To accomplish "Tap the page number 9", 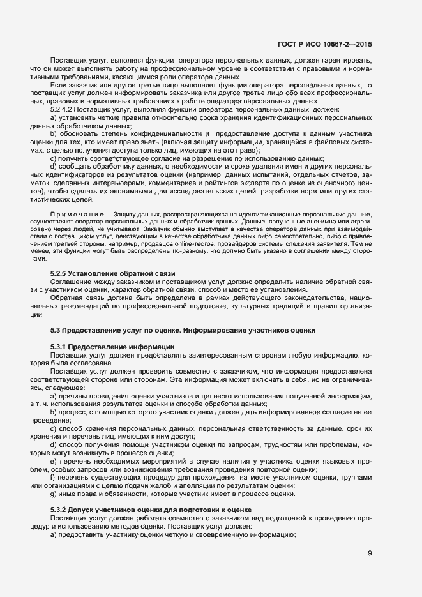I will point(370,553).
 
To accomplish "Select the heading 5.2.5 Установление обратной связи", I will point(113,274).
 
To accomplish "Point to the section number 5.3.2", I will point(61,509).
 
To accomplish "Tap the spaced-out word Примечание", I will point(72,213).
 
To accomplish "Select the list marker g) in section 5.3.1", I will point(54,494).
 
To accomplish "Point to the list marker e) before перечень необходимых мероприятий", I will point(54,460).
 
